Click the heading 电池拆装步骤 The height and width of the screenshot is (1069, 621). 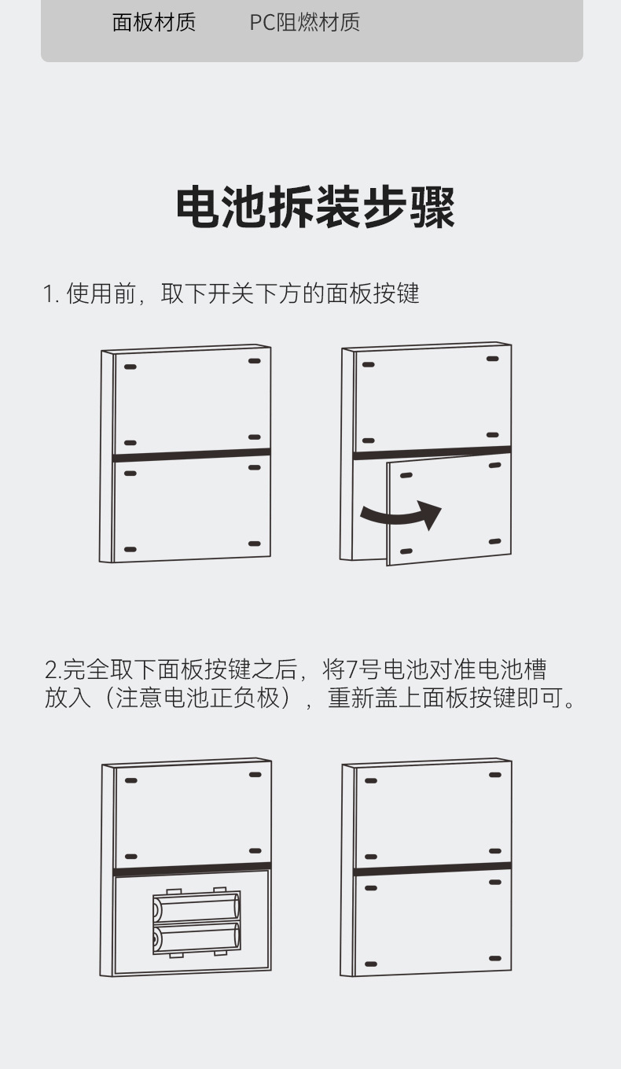click(314, 207)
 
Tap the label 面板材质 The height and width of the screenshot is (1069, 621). click(153, 23)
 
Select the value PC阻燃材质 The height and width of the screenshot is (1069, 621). click(305, 23)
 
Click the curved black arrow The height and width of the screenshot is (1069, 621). click(401, 514)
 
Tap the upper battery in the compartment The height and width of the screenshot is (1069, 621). click(196, 909)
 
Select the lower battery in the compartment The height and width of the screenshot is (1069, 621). click(196, 938)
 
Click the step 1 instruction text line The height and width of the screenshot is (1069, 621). click(231, 293)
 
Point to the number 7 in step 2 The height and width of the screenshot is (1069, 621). click(352, 669)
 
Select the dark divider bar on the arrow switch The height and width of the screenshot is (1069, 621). click(432, 452)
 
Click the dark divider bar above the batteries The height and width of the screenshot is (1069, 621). click(193, 869)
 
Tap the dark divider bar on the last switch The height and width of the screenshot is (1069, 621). click(433, 869)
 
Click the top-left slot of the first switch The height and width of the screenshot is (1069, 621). click(130, 367)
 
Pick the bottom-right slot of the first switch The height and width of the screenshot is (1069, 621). click(254, 544)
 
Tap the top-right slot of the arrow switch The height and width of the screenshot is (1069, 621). click(492, 359)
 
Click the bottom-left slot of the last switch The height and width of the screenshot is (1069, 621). click(370, 964)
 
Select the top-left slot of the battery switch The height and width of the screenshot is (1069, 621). click(131, 781)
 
